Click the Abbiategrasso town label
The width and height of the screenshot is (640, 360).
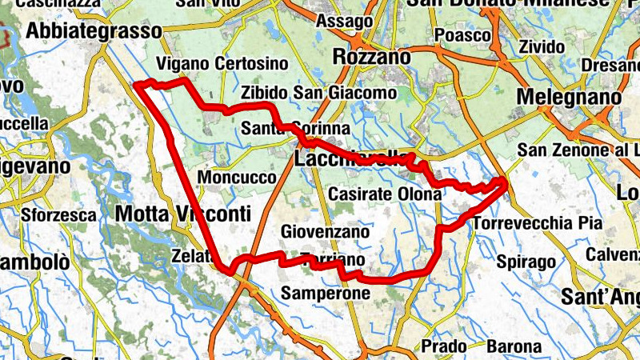coord(93,31)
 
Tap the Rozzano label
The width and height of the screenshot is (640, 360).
coord(371,58)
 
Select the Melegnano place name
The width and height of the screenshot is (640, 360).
coord(570,97)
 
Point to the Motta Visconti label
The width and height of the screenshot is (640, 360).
coord(182,214)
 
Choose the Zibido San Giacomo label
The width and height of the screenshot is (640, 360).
coord(318,93)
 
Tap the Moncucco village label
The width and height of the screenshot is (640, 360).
coord(237,177)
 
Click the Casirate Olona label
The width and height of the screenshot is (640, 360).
coord(385,194)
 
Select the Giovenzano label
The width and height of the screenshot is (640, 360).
coord(326,232)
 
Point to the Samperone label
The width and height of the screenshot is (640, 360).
coord(326,294)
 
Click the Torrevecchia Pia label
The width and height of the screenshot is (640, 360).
coord(537,223)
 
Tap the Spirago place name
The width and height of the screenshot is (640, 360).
coord(526,262)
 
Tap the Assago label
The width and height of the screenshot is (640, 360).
coord(344,22)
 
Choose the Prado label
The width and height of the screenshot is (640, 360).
coord(443,346)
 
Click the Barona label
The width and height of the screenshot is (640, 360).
coord(512,346)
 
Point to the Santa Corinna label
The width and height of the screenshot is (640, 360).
coord(296,129)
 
